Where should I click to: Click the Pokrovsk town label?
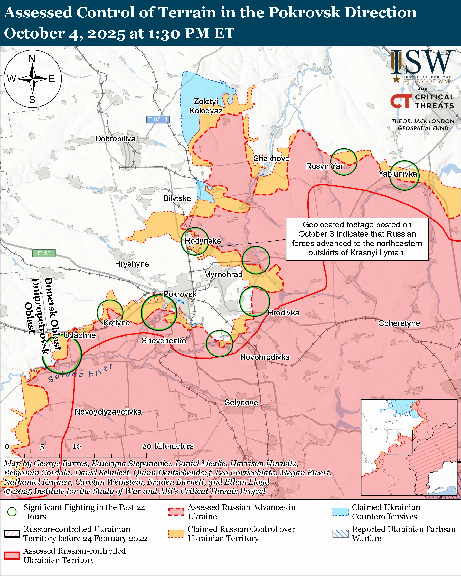180,294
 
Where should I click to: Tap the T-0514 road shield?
158,119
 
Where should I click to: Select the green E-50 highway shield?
44,253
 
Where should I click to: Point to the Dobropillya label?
115,139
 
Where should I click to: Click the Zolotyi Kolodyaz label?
205,106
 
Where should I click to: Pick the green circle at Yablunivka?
404,176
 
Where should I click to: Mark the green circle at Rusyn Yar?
344,162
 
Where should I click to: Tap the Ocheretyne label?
399,323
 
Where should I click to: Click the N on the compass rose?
32,59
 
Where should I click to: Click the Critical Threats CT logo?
401,101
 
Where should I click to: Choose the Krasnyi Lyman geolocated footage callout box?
357,239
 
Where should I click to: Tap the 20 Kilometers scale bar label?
167,446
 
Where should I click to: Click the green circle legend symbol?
12,512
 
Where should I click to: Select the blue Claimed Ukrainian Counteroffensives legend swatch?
340,512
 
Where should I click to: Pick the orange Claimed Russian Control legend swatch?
176,534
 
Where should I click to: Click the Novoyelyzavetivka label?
108,412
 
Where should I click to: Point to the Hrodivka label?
283,313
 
